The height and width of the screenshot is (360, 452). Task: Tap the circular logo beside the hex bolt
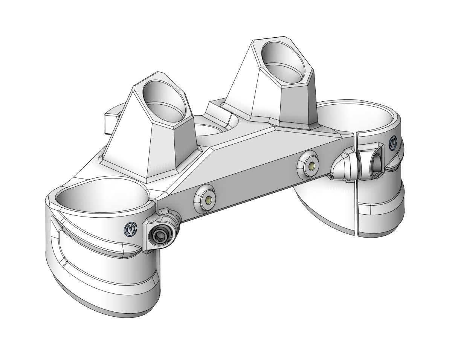(129, 231)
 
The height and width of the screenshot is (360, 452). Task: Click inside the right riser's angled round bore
(284, 60)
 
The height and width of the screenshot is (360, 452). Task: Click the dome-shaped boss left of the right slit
(343, 165)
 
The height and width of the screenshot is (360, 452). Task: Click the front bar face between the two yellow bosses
(260, 181)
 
